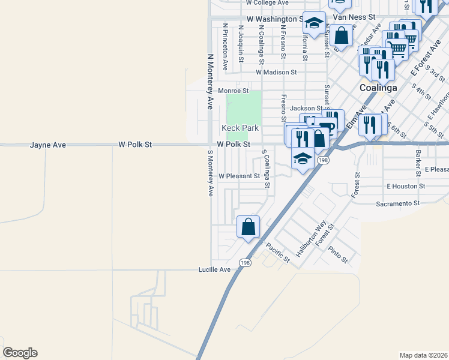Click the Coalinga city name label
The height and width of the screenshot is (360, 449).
[x=378, y=88]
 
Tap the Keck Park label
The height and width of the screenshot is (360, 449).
[x=240, y=128]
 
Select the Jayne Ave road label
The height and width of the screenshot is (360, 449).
[x=48, y=145]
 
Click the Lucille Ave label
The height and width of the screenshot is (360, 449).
[x=215, y=270]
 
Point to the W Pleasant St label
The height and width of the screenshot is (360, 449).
[x=239, y=176]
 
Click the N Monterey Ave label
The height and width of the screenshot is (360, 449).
[x=210, y=81]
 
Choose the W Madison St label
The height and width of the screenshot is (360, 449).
[x=276, y=72]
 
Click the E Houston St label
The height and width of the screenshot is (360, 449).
[x=406, y=187]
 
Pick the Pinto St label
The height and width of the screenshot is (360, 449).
[x=338, y=254]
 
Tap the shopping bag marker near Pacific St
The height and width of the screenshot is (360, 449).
[x=249, y=227]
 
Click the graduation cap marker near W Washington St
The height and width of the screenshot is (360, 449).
[x=313, y=23]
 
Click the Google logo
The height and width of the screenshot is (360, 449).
[x=20, y=353]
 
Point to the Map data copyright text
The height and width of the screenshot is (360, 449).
[x=423, y=355]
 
